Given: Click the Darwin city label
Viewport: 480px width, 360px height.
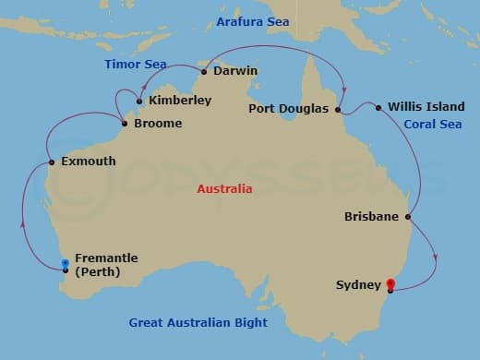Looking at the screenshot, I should [x=234, y=70].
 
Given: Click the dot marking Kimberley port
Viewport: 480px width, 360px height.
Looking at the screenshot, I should [x=139, y=101].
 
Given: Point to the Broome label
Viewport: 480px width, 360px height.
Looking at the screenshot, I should [x=158, y=123].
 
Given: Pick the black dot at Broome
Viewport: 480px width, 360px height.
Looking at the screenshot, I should [x=124, y=123].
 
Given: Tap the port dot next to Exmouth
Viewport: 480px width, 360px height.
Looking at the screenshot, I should [x=52, y=162].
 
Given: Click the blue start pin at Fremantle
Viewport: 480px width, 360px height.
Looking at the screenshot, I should [x=65, y=265].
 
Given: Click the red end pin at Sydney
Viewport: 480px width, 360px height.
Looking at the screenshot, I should [x=390, y=285].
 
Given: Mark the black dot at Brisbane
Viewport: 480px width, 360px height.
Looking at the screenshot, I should [x=408, y=217].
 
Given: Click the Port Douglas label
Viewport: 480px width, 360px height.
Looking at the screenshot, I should [x=289, y=108].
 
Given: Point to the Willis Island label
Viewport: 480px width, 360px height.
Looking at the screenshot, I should [x=426, y=106].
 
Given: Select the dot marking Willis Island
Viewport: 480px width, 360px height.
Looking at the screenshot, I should [x=378, y=107].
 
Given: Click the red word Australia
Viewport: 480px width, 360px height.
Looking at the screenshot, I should [x=224, y=188].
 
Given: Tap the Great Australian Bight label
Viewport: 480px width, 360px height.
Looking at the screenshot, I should [x=198, y=322].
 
